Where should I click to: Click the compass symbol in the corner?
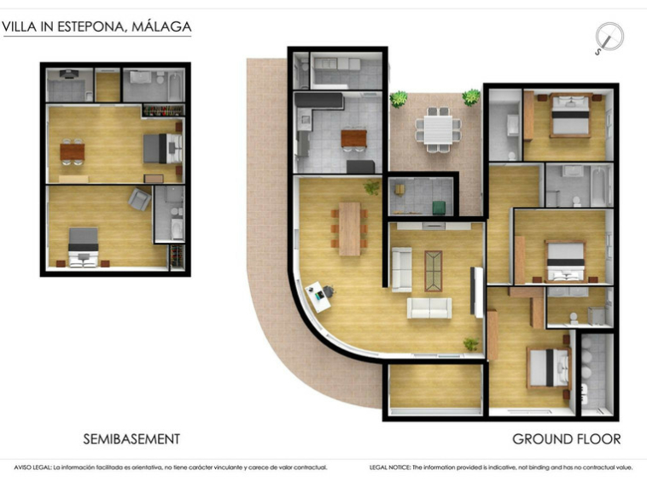tap(609, 38)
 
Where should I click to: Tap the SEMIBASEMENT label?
tap(131, 438)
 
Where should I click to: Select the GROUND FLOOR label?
tap(567, 438)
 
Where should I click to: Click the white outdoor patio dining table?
tap(438, 129)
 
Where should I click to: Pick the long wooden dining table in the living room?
tap(349, 228)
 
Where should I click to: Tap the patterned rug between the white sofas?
tap(434, 271)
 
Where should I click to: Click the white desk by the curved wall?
tap(318, 297)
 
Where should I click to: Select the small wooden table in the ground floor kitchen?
tap(353, 138)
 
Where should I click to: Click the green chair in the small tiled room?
tap(439, 208)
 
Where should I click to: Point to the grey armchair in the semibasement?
tap(139, 199)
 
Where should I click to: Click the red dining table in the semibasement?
tap(73, 151)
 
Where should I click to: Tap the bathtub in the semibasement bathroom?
tap(175, 86)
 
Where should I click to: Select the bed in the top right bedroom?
tap(570, 115)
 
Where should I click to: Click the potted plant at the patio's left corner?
tap(398, 99)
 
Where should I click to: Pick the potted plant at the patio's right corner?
tap(471, 98)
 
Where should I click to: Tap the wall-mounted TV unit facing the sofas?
tap(476, 291)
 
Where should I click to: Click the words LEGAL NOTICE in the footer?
tap(390, 467)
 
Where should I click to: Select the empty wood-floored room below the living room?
tap(435, 387)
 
